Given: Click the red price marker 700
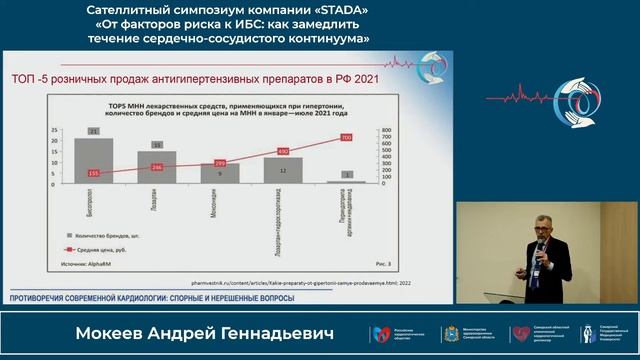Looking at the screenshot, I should [346, 137].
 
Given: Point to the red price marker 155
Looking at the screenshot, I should [93, 173].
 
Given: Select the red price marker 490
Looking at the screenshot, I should [283, 152].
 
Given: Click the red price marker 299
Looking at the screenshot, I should [220, 162].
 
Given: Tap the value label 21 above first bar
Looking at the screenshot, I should [93, 131].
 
